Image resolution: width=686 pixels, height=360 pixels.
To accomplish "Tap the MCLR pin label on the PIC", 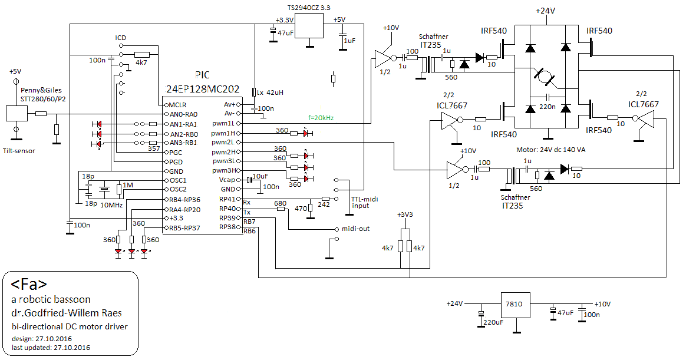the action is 177,105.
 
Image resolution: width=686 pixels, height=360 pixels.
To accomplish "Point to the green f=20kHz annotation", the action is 321,118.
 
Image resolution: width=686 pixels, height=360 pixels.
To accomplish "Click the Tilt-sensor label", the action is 19,151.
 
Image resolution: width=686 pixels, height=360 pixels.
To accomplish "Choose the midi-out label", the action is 356,229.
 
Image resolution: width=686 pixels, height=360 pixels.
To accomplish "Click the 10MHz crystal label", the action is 111,204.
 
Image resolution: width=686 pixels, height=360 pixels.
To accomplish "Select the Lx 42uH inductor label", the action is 271,93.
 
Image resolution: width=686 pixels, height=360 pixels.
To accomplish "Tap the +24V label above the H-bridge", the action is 545,11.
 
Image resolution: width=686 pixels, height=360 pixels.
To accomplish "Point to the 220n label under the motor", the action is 548,106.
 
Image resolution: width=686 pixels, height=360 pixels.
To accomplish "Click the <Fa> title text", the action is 29,284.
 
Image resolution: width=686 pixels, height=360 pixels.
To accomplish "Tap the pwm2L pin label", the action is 223,142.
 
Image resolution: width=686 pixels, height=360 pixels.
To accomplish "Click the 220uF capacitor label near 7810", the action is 493,322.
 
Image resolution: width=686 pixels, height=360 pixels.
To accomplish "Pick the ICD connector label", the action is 121,38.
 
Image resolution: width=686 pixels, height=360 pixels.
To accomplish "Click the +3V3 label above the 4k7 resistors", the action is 405,215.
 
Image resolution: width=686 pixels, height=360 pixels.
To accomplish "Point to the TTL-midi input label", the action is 365,202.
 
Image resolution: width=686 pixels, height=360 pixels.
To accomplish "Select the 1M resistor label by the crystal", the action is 128,185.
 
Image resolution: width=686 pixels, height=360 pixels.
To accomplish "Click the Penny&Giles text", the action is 41,90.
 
